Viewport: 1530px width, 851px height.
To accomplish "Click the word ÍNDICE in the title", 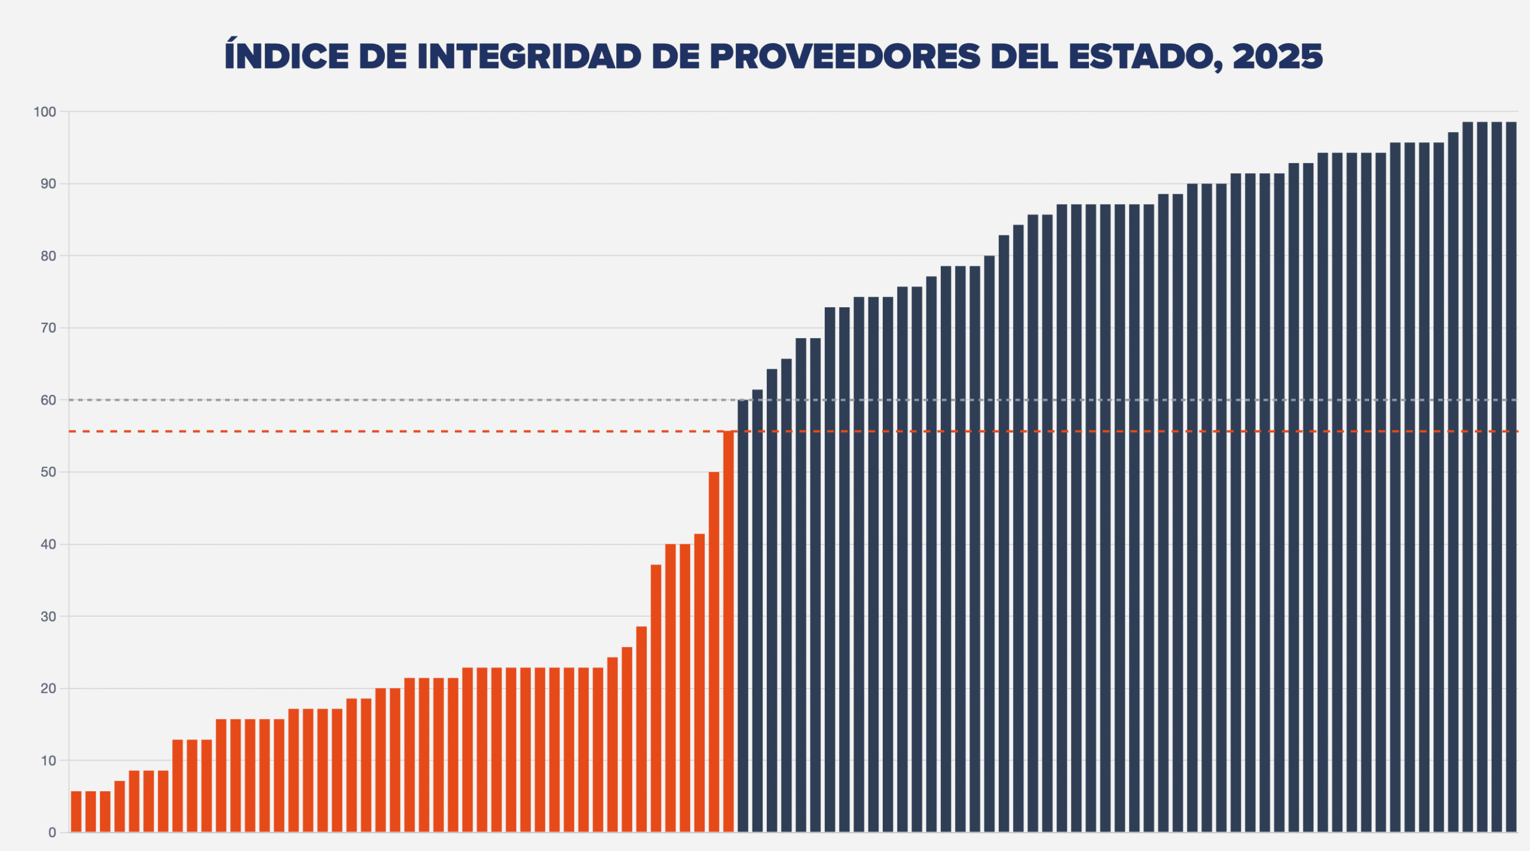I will (286, 57).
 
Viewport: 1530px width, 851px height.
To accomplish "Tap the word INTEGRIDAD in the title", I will (529, 57).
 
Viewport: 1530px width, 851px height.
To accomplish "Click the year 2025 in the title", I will (1278, 57).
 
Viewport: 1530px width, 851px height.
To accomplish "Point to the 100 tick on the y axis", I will (45, 112).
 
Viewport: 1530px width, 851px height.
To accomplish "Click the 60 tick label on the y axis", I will (48, 400).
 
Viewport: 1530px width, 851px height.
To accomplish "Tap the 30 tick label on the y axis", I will (48, 617).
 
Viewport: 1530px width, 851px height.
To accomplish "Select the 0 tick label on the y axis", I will (53, 832).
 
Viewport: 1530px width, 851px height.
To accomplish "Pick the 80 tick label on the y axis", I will (48, 256).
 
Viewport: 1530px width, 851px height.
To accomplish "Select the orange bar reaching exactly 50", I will (714, 651).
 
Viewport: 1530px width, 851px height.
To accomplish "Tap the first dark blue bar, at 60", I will (743, 616).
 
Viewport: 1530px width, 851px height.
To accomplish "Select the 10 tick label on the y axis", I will (48, 761).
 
